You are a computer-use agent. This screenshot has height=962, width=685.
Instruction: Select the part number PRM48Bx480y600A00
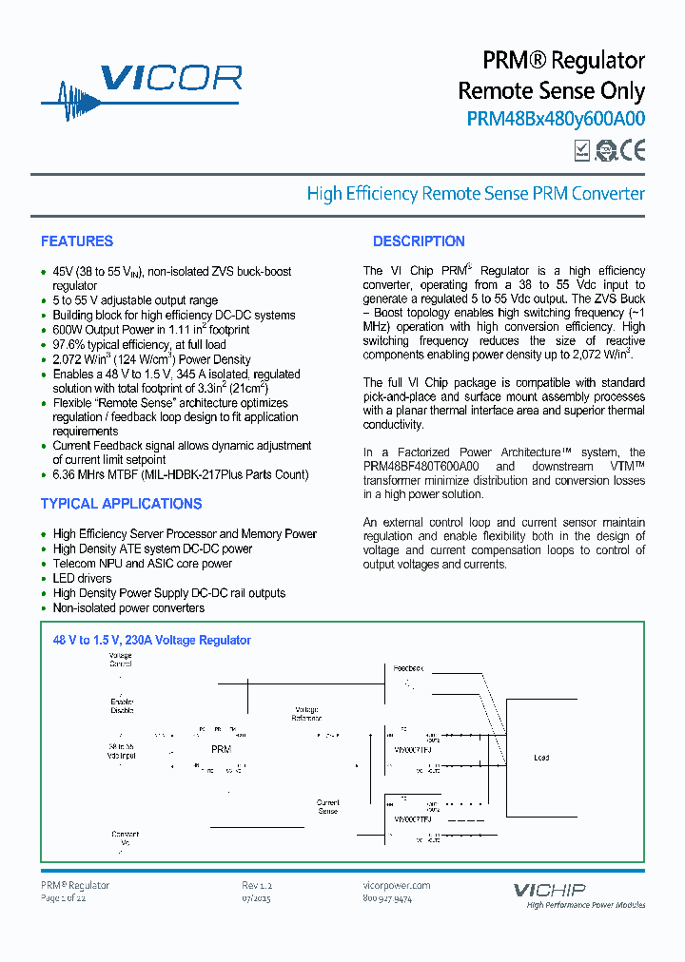click(x=556, y=120)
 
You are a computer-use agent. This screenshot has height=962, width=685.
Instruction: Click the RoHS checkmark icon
click(x=582, y=149)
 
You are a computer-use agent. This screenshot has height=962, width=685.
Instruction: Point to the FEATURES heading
click(x=77, y=241)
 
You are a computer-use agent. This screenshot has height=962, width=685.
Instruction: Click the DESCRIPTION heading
click(x=419, y=241)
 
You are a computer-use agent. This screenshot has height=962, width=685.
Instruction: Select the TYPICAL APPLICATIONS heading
click(x=121, y=504)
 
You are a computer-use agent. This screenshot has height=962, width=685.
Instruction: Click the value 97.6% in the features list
click(x=69, y=345)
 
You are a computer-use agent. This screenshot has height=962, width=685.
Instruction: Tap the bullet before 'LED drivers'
click(x=44, y=579)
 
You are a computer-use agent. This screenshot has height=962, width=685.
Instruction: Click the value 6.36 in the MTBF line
click(x=67, y=474)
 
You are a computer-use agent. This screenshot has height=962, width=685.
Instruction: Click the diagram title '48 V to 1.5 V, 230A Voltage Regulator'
click(x=152, y=641)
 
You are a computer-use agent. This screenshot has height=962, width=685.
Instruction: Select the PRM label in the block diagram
click(x=221, y=750)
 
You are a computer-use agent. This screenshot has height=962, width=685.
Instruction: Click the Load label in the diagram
click(x=541, y=758)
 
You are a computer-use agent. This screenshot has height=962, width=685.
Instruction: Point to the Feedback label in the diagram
click(x=410, y=669)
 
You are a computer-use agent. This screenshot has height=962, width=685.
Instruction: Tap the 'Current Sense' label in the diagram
click(x=327, y=807)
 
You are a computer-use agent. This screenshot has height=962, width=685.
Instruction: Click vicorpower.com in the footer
click(x=397, y=885)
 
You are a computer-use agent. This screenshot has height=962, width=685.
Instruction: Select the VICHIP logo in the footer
click(x=550, y=891)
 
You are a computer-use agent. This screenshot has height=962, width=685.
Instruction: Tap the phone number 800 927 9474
click(x=388, y=898)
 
